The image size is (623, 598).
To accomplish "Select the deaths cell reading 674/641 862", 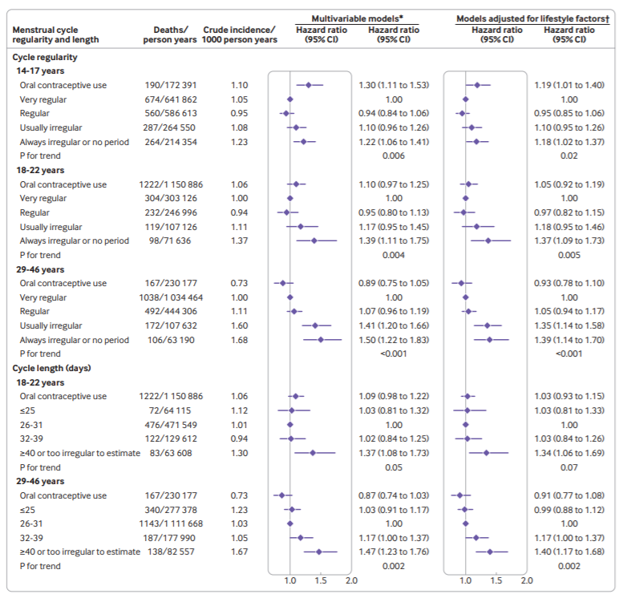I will (172, 99).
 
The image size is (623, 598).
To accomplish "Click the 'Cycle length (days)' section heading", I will (52, 368).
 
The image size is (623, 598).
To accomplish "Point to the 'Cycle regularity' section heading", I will (45, 58).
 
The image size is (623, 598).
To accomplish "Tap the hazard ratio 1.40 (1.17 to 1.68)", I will (568, 552).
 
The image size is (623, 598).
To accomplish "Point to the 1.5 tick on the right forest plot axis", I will (496, 581).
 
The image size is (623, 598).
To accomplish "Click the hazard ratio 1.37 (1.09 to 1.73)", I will (568, 240).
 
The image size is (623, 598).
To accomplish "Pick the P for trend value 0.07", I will (568, 467).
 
